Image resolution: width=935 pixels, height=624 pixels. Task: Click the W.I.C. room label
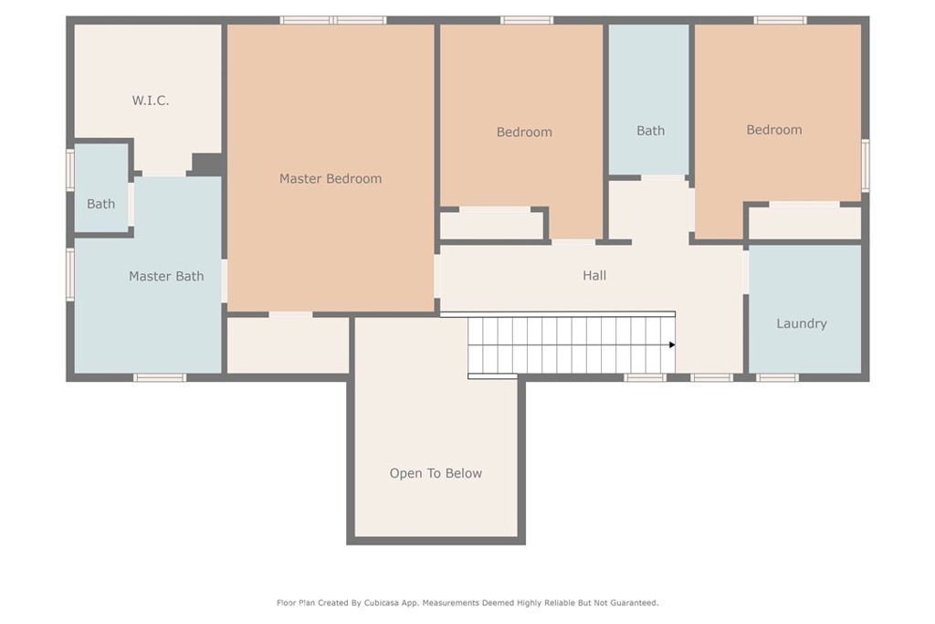151,100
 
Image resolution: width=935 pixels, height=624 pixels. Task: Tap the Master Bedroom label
331,178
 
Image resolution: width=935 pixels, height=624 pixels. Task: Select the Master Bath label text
166,276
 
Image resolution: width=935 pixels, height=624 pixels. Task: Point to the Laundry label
802,323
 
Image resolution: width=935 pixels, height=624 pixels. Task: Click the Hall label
594,275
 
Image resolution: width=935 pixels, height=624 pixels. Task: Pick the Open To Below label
436,473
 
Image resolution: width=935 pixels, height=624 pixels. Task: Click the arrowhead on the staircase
672,344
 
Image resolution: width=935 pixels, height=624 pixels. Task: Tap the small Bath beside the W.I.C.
100,204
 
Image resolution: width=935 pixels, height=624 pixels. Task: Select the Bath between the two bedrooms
650,131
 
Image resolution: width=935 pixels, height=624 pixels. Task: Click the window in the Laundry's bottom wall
777,377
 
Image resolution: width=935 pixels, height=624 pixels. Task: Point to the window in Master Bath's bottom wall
159,377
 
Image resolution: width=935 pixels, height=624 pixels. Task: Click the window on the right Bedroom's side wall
866,165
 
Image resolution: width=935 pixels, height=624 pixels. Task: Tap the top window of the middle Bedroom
527,20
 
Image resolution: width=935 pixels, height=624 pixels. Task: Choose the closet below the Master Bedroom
288,345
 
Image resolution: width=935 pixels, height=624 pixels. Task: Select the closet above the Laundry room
805,223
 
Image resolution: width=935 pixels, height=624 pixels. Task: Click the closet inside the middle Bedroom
492,226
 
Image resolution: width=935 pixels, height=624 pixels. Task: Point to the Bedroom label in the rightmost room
774,130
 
